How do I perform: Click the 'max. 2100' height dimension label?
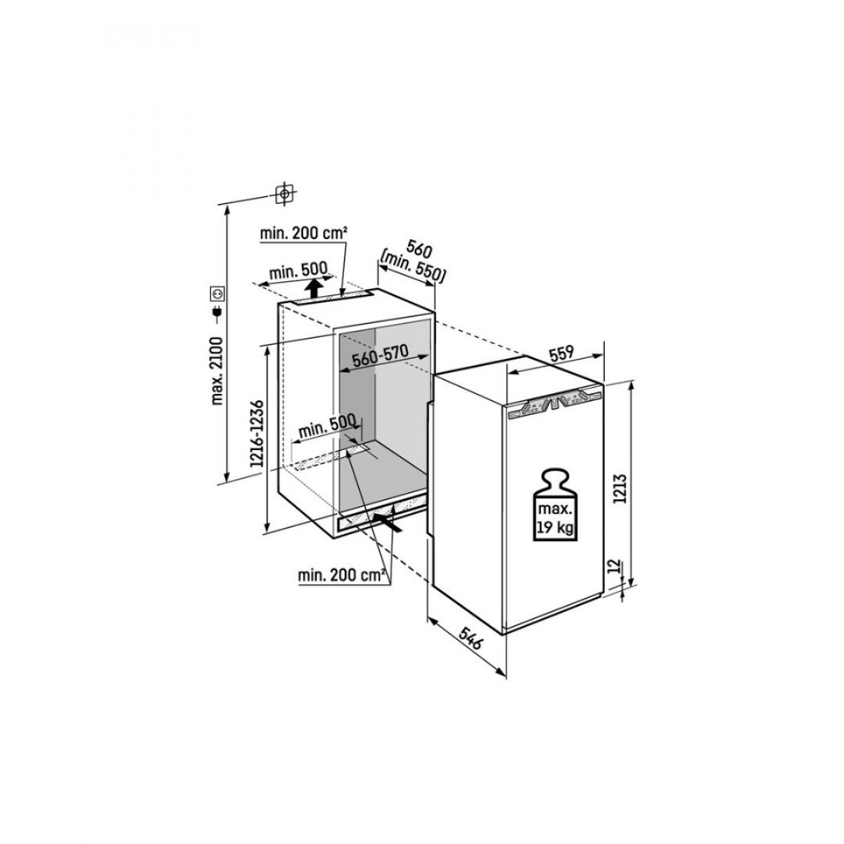coord(216,371)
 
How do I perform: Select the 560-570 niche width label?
coord(381,357)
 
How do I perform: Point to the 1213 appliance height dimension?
coord(620,486)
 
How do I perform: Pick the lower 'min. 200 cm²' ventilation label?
coord(343,577)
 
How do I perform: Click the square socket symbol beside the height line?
coord(217,292)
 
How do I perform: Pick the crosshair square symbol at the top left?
coord(284,193)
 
